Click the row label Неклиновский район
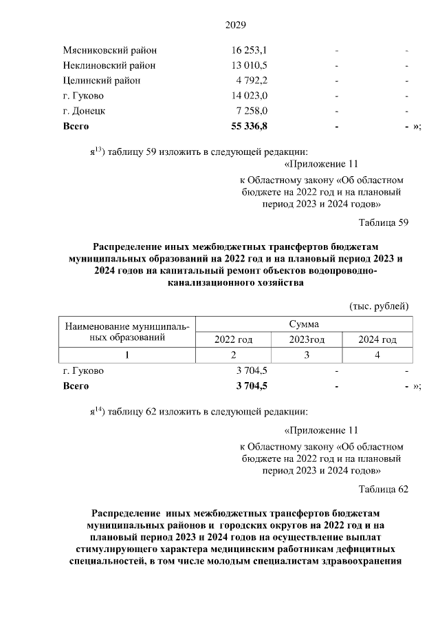(x=109, y=65)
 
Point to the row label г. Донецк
(x=84, y=111)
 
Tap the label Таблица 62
(x=384, y=489)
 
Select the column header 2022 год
(x=234, y=339)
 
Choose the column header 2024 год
(x=378, y=339)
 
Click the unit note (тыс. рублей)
(x=379, y=305)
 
